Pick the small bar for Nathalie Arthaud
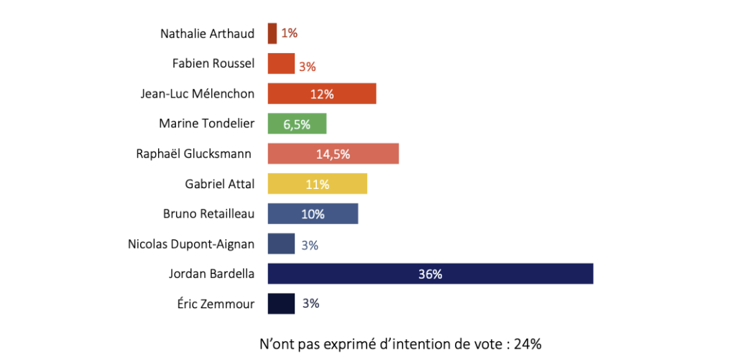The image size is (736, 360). (272, 33)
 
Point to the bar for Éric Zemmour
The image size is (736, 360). (281, 303)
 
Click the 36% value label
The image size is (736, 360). (430, 274)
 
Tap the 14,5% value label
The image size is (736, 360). (333, 154)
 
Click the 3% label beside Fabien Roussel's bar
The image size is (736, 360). (308, 67)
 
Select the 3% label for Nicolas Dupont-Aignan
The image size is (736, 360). (310, 245)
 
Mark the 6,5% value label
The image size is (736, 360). (297, 124)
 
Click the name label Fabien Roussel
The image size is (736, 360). (213, 63)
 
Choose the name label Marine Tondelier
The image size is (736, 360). (206, 124)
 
